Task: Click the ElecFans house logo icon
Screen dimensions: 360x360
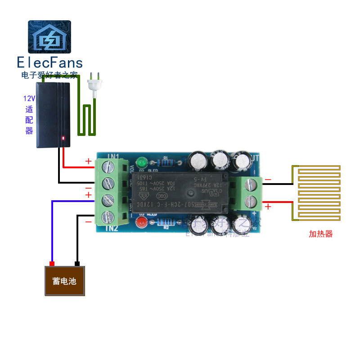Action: click(49, 37)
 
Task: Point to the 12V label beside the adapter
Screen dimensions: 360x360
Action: click(29, 98)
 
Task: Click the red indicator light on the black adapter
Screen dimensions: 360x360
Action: click(63, 138)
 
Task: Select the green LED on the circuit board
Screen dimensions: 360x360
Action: click(142, 161)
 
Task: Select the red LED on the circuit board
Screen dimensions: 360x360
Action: click(143, 221)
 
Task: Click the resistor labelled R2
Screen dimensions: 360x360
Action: click(166, 222)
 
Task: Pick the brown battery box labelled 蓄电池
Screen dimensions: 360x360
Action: click(65, 281)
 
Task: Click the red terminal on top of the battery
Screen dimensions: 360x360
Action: click(52, 264)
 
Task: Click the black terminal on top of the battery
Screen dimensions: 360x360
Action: click(77, 264)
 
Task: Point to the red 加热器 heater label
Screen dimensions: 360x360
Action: click(320, 234)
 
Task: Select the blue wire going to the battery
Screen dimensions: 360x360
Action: click(53, 225)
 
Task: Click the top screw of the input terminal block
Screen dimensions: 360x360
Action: click(108, 168)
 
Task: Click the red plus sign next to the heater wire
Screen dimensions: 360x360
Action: click(268, 207)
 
